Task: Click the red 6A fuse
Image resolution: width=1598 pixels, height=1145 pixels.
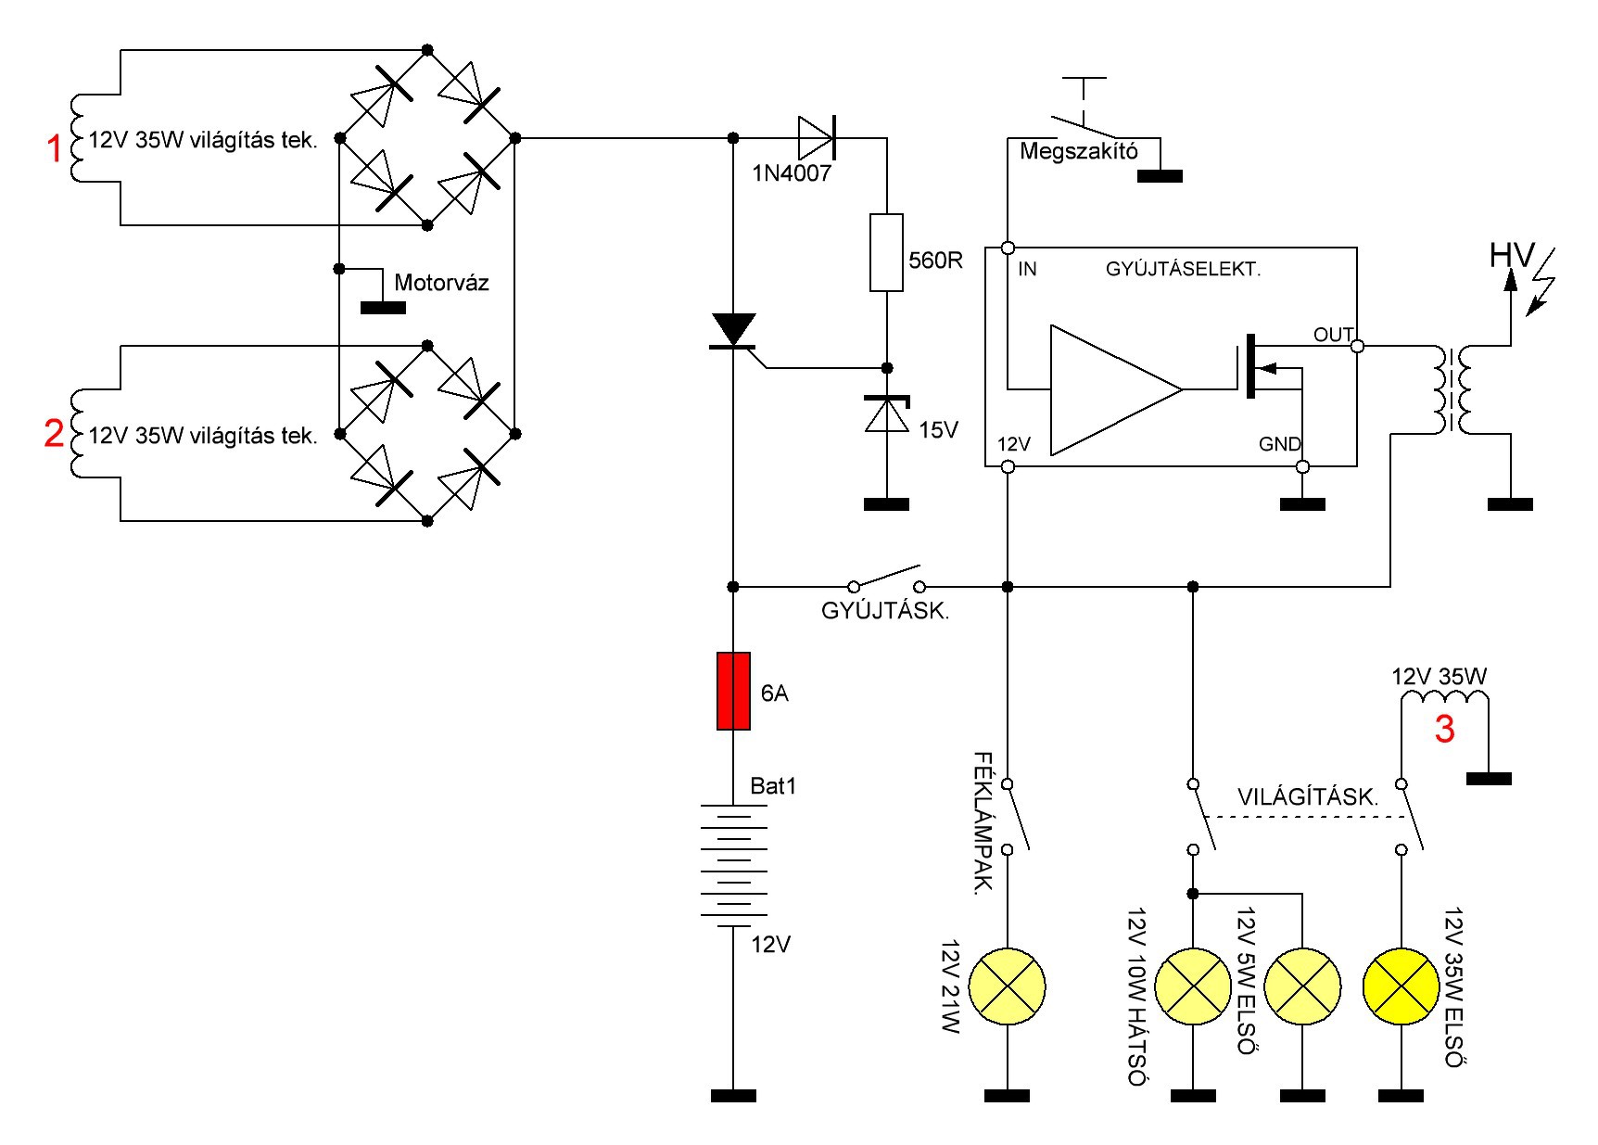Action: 733,691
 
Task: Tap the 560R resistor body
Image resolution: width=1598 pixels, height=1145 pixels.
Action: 886,252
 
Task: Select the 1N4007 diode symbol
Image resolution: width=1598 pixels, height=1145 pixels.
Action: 817,137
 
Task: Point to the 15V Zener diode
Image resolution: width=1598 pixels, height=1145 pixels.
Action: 886,414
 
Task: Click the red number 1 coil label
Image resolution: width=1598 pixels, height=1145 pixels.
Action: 56,148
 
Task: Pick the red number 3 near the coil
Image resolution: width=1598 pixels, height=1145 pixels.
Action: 1444,730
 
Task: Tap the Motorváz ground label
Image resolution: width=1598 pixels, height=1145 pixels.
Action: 441,283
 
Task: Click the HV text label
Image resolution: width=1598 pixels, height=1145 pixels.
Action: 1512,255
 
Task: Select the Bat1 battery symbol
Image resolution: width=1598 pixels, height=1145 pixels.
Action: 733,865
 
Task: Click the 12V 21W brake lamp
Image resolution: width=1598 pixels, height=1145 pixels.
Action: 1008,986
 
